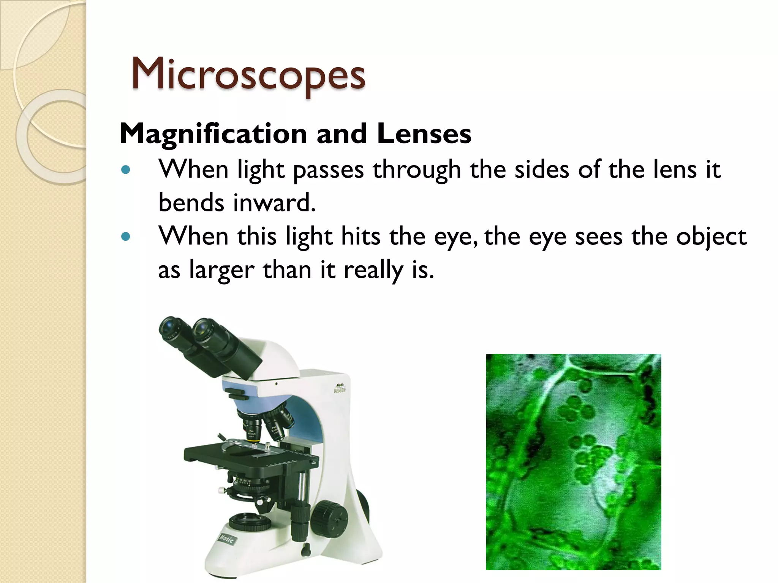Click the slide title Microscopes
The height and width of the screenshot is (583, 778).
click(x=248, y=74)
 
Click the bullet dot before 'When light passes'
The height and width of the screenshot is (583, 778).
click(x=125, y=170)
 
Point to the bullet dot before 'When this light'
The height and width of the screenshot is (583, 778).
click(x=125, y=237)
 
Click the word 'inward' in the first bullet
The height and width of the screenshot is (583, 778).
click(x=274, y=203)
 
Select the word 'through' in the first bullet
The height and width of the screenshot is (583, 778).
click(x=417, y=170)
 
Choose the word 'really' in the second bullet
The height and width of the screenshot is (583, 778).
click(x=373, y=270)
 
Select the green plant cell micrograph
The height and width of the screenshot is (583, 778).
click(x=573, y=462)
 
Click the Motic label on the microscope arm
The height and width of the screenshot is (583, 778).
click(x=339, y=388)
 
